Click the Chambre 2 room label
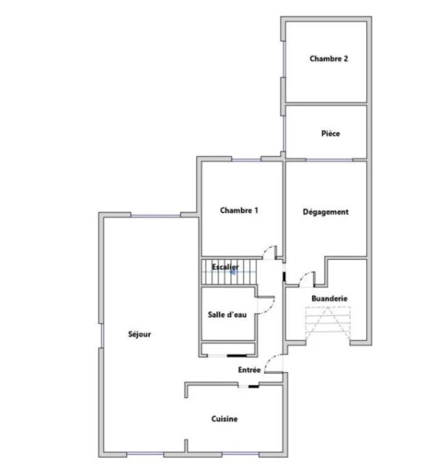(x=329, y=59)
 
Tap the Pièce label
(x=331, y=133)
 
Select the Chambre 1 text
(x=239, y=210)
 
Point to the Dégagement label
(x=326, y=212)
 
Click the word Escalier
(x=225, y=267)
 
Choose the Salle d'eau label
(x=227, y=315)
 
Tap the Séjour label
(x=140, y=334)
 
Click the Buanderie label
(x=329, y=298)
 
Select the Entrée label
(x=249, y=370)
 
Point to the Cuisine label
(x=225, y=418)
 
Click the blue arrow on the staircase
(x=233, y=272)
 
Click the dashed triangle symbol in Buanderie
(x=328, y=323)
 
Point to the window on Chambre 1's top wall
(x=246, y=160)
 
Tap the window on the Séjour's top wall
(x=156, y=216)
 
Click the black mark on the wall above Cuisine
(x=254, y=386)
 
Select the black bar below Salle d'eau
(x=236, y=356)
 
